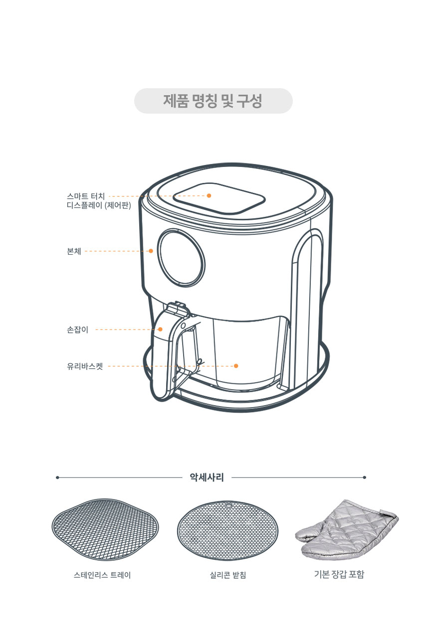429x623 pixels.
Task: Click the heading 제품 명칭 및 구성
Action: tap(213, 101)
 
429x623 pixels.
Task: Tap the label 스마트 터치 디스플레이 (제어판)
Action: tap(99, 201)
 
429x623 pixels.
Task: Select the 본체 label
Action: tap(74, 251)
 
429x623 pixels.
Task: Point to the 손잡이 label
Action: tap(77, 330)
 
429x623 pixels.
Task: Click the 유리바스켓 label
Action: tap(85, 366)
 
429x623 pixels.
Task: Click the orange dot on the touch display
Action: tap(209, 195)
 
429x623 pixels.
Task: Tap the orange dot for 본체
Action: tap(151, 251)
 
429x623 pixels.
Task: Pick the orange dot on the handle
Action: tap(160, 329)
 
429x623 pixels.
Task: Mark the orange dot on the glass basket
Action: tap(236, 366)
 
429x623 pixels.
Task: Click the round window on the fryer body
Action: tap(181, 258)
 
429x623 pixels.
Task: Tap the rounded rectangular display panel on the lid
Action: tap(219, 198)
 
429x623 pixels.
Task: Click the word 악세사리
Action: tap(207, 477)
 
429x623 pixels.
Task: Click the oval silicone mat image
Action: tap(228, 531)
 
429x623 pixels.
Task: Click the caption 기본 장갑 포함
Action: tap(339, 574)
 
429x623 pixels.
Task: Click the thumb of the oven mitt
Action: tap(308, 533)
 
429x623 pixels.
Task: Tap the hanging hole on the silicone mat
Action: tap(228, 504)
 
